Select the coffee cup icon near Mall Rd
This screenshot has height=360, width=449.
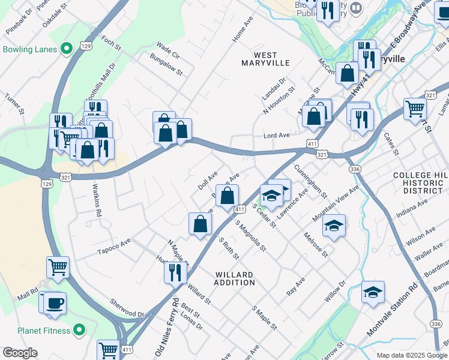click(55, 303)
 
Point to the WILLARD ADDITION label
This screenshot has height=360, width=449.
click(234, 278)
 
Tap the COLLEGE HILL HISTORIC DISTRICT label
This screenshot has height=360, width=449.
click(420, 182)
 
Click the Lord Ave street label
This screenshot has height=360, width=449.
click(277, 136)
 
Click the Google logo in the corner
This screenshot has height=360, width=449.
click(20, 353)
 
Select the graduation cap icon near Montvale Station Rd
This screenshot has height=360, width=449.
click(373, 292)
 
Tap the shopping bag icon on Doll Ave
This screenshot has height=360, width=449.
click(227, 196)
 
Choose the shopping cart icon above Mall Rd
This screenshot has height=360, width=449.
click(58, 268)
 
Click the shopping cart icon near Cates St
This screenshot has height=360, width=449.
click(415, 109)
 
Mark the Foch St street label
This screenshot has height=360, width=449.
click(112, 43)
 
